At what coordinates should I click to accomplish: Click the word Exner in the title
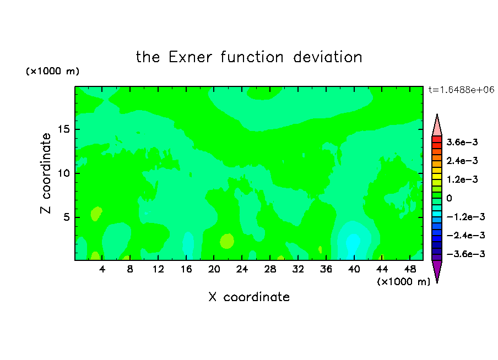(x=190, y=57)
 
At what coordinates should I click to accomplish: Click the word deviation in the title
(x=328, y=57)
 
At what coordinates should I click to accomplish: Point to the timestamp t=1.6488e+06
(x=461, y=90)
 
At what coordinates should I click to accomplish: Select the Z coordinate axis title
(x=45, y=173)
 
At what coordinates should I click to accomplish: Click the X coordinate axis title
(x=249, y=297)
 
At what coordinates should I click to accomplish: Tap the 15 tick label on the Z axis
(x=64, y=129)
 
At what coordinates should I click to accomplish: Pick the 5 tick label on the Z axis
(x=67, y=217)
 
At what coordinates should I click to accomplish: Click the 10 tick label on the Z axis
(x=64, y=173)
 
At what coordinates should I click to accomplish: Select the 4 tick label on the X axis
(x=102, y=269)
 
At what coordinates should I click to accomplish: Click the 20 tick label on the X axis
(x=214, y=269)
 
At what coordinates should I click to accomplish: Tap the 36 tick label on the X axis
(x=326, y=269)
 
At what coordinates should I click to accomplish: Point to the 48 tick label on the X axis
(x=410, y=269)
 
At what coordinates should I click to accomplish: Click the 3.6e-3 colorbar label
(x=462, y=142)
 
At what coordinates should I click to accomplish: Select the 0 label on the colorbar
(x=449, y=198)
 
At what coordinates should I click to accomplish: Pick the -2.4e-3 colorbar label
(x=466, y=235)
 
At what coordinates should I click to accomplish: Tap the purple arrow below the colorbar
(x=437, y=270)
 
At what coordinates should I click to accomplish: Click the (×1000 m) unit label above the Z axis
(x=52, y=71)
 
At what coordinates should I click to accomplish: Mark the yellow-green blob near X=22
(x=227, y=241)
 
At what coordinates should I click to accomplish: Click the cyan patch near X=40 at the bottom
(x=353, y=245)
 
